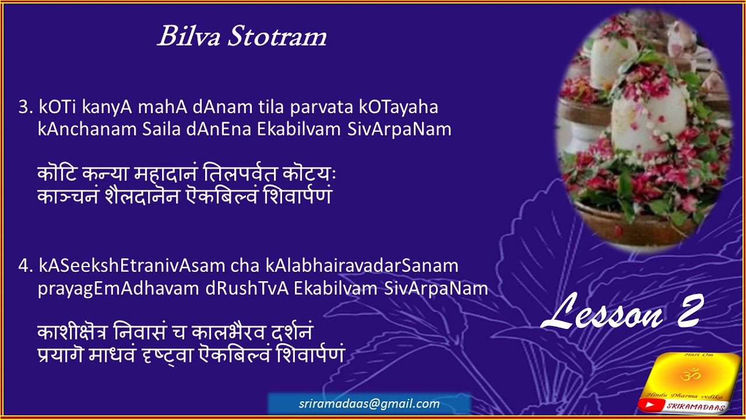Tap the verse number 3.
(24, 108)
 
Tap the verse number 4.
(24, 266)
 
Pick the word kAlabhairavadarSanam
(362, 266)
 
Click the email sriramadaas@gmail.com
(369, 404)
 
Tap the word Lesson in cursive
(603, 312)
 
